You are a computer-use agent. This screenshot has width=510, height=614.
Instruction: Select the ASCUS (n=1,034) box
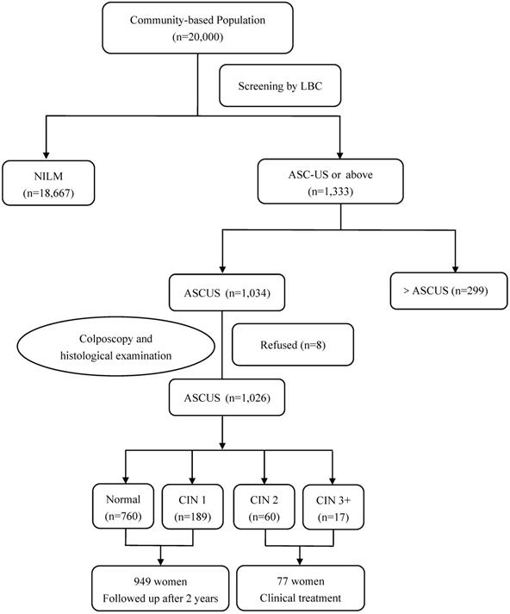click(x=224, y=291)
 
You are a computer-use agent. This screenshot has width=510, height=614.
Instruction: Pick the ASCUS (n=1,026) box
click(x=224, y=398)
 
